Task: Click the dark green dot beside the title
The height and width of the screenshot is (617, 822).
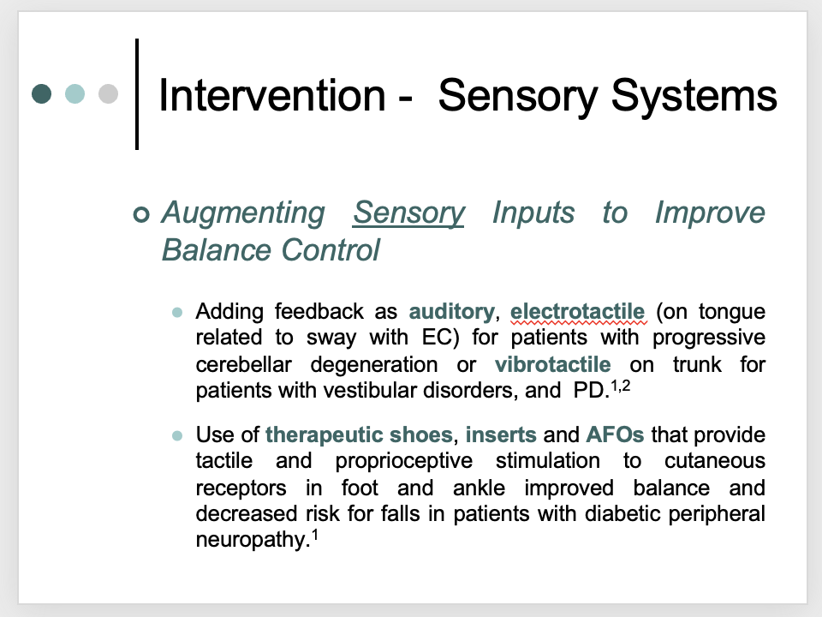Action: pyautogui.click(x=41, y=94)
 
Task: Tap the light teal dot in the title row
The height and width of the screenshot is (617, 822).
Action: pyautogui.click(x=75, y=94)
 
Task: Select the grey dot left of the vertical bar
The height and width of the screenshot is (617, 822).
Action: pyautogui.click(x=109, y=94)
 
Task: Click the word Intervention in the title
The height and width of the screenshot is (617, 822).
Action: pyautogui.click(x=272, y=95)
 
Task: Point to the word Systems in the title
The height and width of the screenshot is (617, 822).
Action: pyautogui.click(x=694, y=97)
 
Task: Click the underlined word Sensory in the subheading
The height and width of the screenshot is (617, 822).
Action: pyautogui.click(x=408, y=213)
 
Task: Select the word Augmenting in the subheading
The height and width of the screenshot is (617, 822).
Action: pyautogui.click(x=243, y=213)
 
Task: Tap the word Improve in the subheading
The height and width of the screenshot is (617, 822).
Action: pyautogui.click(x=711, y=213)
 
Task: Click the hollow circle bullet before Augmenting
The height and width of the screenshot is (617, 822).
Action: pyautogui.click(x=141, y=214)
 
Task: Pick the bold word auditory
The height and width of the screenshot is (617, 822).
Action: pyautogui.click(x=452, y=312)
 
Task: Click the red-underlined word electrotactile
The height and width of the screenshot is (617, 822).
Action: pyautogui.click(x=577, y=311)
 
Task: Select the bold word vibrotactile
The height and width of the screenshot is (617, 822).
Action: pyautogui.click(x=553, y=364)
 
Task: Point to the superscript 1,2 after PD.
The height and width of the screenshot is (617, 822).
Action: pyautogui.click(x=621, y=386)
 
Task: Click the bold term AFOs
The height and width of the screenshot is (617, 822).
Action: pyautogui.click(x=615, y=435)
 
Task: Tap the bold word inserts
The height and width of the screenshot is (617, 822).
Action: pyautogui.click(x=501, y=435)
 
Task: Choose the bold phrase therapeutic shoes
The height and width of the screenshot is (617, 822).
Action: pyautogui.click(x=359, y=435)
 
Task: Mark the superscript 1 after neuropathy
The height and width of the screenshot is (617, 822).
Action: pyautogui.click(x=315, y=535)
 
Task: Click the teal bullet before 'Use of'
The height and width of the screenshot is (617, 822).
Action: pyautogui.click(x=177, y=435)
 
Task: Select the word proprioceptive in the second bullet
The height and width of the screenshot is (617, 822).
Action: pyautogui.click(x=404, y=462)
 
